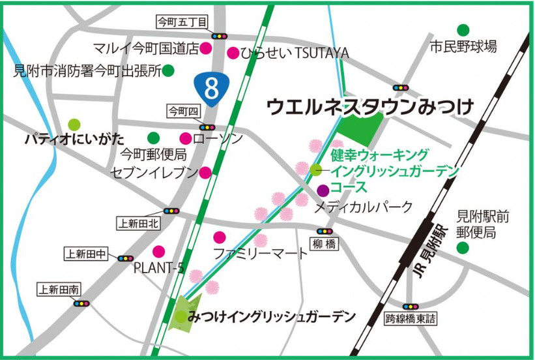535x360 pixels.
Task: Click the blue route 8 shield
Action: (x=210, y=88)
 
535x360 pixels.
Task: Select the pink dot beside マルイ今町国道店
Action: (x=205, y=48)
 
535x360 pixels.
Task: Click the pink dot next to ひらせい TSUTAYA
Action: (x=232, y=52)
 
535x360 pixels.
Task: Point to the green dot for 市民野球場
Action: (x=463, y=29)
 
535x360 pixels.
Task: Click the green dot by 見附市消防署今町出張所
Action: (x=168, y=70)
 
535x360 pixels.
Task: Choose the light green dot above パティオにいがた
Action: (x=74, y=123)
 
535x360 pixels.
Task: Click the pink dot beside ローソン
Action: (x=186, y=138)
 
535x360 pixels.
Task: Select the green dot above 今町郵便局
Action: (x=153, y=138)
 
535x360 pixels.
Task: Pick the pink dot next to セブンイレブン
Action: (x=205, y=172)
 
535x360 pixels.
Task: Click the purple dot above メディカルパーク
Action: (x=323, y=190)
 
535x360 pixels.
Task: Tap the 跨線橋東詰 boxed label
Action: (x=412, y=318)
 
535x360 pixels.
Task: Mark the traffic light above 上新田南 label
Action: (x=81, y=303)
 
